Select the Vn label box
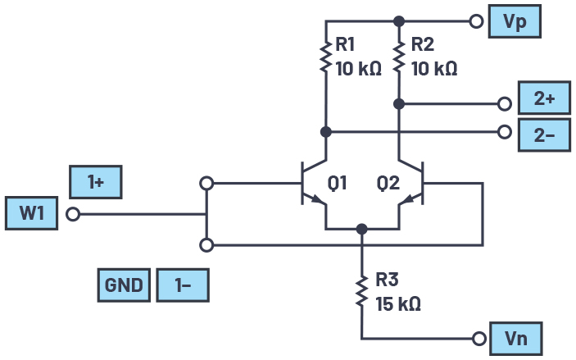[515, 338]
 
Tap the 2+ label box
[544, 98]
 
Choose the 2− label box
[544, 134]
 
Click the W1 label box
[31, 214]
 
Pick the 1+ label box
[97, 182]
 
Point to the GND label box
[123, 286]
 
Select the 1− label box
[183, 286]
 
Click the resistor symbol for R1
[325, 57]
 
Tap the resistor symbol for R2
[399, 57]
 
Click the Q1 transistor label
[338, 183]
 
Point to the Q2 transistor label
[389, 183]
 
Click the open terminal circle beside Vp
[475, 22]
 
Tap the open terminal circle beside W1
[73, 215]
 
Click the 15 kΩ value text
[397, 303]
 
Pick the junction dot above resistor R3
[361, 229]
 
